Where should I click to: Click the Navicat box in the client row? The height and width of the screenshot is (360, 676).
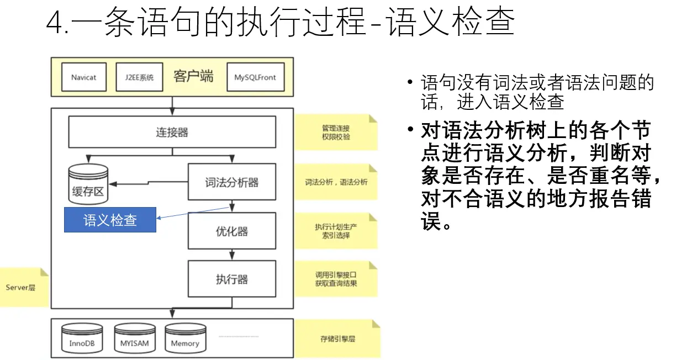pos(83,77)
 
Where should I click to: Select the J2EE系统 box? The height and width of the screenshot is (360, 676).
pos(135,77)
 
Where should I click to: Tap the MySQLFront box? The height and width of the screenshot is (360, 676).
pos(255,77)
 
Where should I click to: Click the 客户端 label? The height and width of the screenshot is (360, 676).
pos(193,76)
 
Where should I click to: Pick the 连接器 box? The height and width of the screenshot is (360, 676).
pos(172,132)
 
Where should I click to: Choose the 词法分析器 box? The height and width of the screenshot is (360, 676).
pos(231,182)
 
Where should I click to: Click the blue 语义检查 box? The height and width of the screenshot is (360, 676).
pos(110,220)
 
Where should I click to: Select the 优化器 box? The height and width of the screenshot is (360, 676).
pos(231,230)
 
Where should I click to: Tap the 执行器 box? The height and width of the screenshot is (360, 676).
pos(231,279)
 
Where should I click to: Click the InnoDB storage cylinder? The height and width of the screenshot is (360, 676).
pos(82,338)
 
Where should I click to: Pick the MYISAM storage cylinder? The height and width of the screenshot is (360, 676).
pos(134,338)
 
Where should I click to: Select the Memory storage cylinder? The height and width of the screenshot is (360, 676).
pos(185,338)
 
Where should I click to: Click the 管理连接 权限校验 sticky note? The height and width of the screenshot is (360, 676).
pos(336,132)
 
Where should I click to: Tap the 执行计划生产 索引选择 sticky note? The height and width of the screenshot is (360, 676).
pos(336,231)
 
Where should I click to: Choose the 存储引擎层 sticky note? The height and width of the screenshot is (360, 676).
pos(337,338)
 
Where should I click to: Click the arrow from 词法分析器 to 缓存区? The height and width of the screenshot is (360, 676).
pos(149,183)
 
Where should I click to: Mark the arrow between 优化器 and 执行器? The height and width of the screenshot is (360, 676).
pos(232,255)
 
